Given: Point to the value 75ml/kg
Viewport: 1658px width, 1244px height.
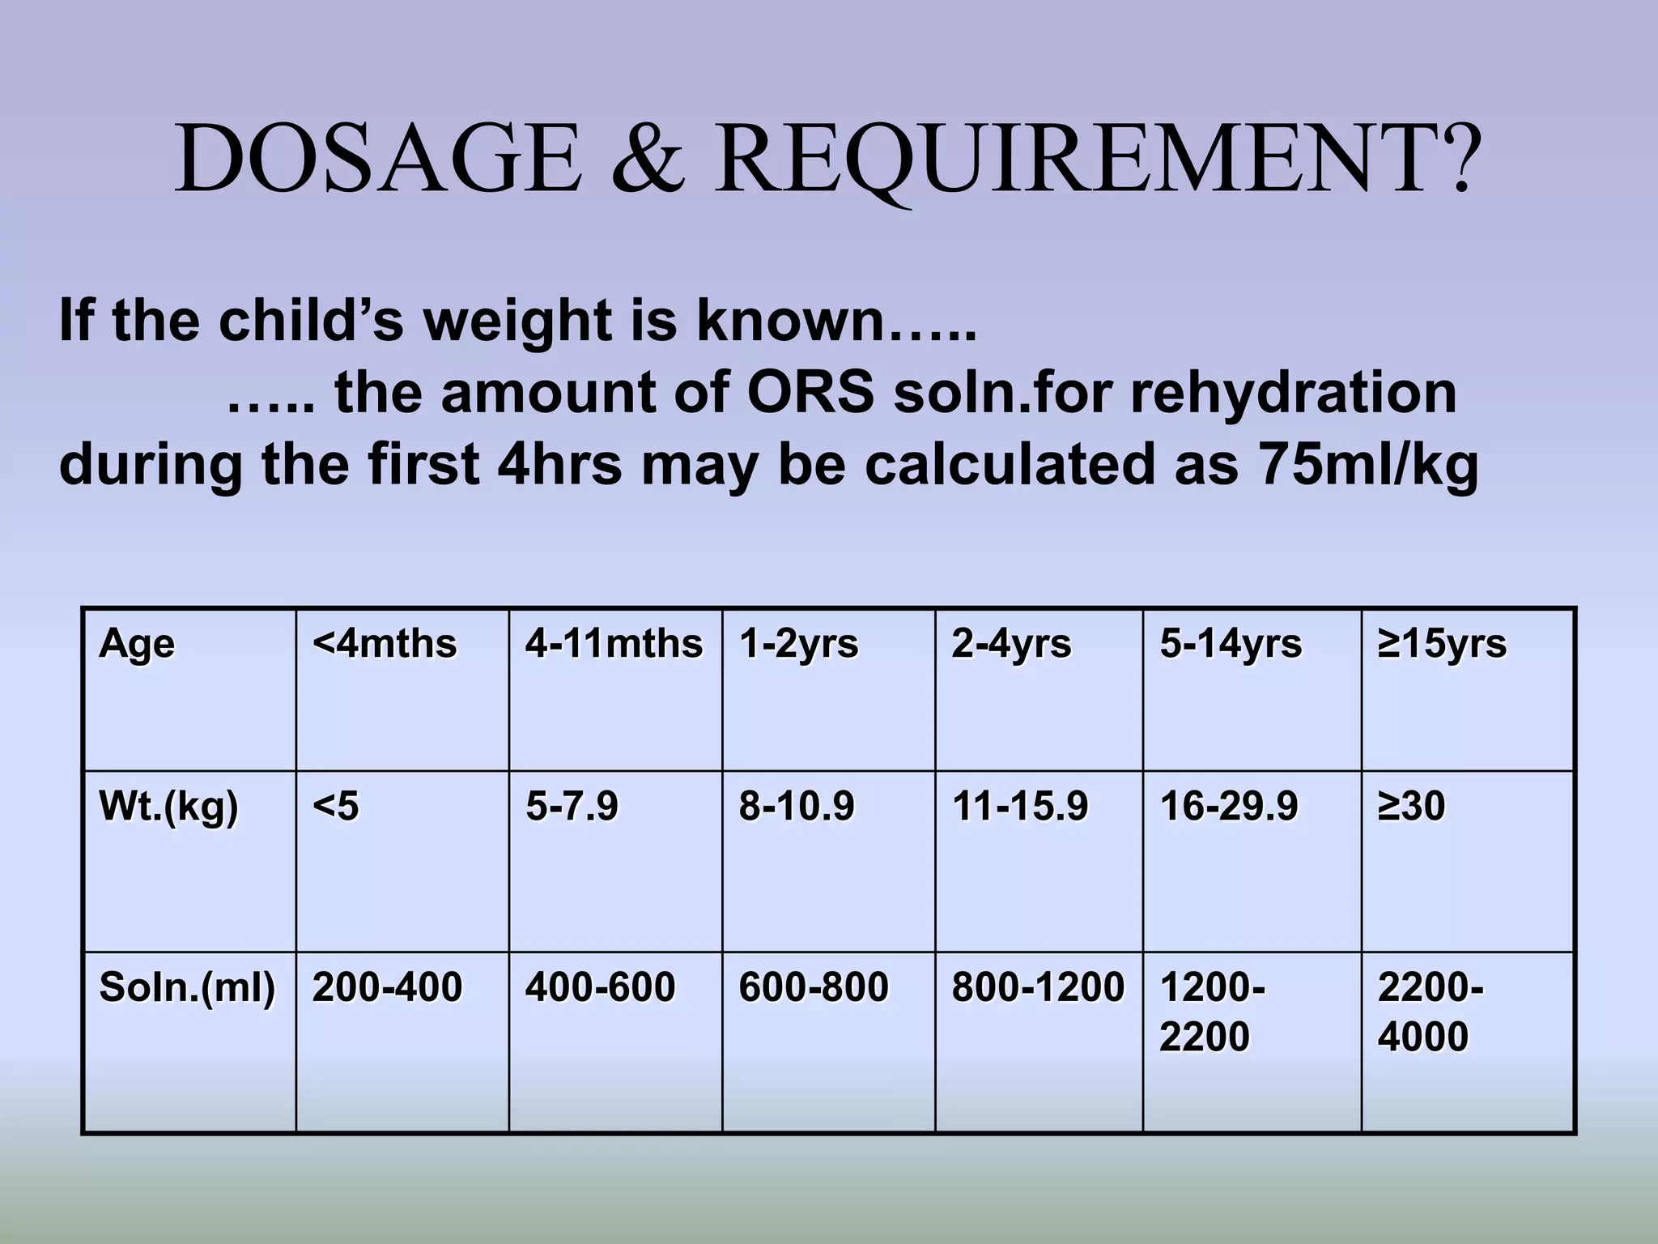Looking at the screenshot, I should (x=1369, y=465).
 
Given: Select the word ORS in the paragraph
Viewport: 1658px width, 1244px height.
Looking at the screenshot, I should (x=810, y=394).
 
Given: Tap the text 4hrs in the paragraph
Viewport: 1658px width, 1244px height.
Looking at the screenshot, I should (x=559, y=465).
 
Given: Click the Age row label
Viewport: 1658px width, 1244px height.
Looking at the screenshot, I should (x=136, y=645).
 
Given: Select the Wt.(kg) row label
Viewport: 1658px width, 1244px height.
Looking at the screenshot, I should (x=168, y=807).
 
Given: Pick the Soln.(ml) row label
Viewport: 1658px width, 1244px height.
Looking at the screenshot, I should (x=187, y=987).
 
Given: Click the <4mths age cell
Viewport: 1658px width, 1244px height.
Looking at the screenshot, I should (x=385, y=645).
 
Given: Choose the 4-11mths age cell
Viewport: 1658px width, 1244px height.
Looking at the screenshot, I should (x=614, y=645).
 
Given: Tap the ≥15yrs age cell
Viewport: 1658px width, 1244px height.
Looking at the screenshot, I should (x=1442, y=645).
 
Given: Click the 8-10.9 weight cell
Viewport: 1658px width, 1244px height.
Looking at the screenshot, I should (x=797, y=807).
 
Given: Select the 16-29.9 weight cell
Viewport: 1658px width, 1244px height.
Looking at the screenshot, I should (x=1229, y=807).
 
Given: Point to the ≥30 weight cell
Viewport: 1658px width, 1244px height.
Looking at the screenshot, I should (x=1411, y=807).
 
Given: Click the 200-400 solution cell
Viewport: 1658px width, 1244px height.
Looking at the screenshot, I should (x=387, y=987).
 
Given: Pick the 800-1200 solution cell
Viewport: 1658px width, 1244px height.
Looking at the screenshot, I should (x=1038, y=987).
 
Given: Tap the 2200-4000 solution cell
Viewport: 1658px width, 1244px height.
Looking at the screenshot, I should (x=1430, y=1012).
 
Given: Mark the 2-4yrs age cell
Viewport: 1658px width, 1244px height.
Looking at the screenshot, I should (x=1011, y=645).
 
